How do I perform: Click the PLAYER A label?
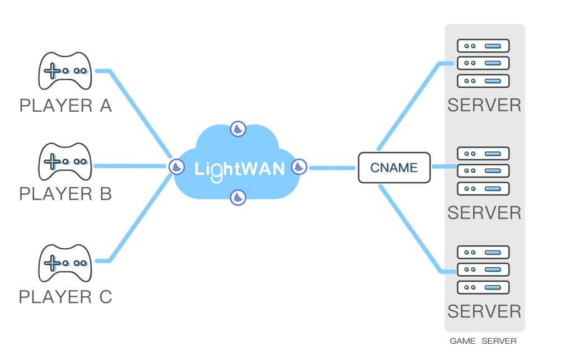(65, 106)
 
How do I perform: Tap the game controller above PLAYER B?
(64, 162)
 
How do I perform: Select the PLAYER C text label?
(65, 297)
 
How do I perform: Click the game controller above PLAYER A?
(64, 71)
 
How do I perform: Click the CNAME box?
(394, 168)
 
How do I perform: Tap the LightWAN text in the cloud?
(240, 168)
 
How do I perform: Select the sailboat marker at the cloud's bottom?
(239, 197)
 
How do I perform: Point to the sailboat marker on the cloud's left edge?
(177, 166)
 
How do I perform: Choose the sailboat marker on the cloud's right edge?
(299, 166)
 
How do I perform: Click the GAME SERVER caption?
(483, 341)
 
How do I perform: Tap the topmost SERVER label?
(484, 105)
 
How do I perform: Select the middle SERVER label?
(484, 213)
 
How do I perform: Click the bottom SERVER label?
(484, 311)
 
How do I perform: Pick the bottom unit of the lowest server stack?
(483, 287)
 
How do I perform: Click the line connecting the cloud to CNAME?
(333, 167)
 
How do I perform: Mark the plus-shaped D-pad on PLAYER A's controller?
(53, 71)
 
